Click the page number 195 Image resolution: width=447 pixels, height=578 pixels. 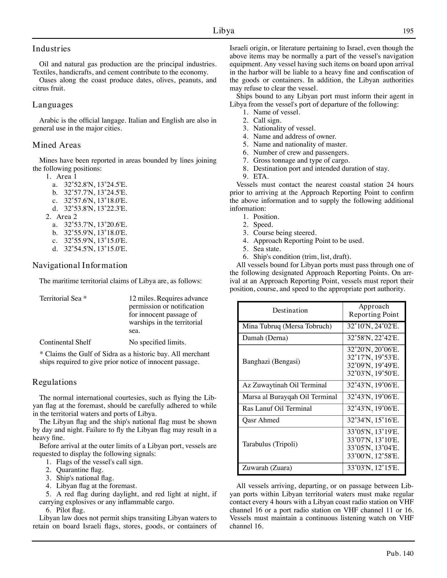408,31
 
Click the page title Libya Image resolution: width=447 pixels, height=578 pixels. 223,31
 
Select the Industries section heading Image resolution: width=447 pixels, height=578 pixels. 51,49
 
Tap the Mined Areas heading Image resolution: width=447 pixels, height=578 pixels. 56,145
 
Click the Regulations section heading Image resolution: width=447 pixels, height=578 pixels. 54,382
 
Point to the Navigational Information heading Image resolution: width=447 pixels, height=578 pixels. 80,265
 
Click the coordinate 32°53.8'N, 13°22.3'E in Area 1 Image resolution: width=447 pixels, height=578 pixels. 96,208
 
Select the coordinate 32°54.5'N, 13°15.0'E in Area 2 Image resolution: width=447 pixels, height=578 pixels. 96,249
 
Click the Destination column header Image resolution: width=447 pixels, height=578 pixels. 290,310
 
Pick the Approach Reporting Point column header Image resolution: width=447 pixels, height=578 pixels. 374,310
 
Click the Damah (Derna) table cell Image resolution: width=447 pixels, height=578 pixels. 265,338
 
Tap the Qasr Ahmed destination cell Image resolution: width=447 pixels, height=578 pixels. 261,420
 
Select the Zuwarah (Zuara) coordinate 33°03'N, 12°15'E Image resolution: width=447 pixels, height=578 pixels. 373,468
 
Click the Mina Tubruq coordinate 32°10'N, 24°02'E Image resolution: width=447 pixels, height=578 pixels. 373,326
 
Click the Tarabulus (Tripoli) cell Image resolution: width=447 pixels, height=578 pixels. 270,444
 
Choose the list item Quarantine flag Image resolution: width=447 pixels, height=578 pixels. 80,470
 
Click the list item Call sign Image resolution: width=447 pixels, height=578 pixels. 267,120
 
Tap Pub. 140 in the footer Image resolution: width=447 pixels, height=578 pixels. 400,553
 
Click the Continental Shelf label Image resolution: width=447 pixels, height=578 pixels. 65,342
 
